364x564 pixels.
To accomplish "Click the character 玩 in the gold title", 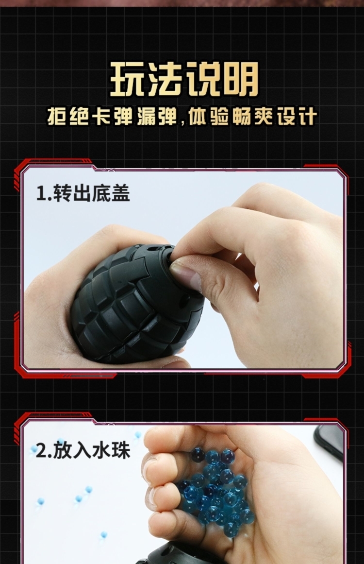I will pyautogui.click(x=128, y=80).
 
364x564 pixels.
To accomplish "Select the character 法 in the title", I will pyautogui.click(x=164, y=80).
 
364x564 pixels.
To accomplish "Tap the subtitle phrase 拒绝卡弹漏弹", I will pyautogui.click(x=114, y=117).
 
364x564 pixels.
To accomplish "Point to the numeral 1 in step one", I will pyautogui.click(x=40, y=194).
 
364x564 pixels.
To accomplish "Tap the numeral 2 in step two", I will pyautogui.click(x=41, y=451).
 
